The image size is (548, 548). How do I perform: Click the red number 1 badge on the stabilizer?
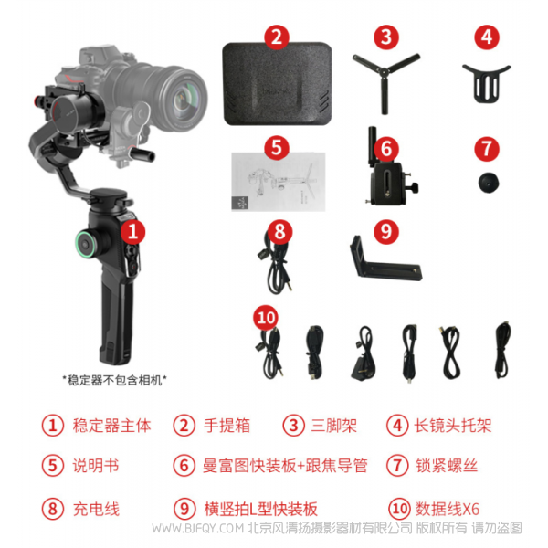[x=134, y=232]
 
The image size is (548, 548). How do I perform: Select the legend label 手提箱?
[x=225, y=425]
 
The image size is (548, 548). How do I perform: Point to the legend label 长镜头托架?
[x=453, y=425]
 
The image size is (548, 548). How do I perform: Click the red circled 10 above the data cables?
[x=266, y=318]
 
